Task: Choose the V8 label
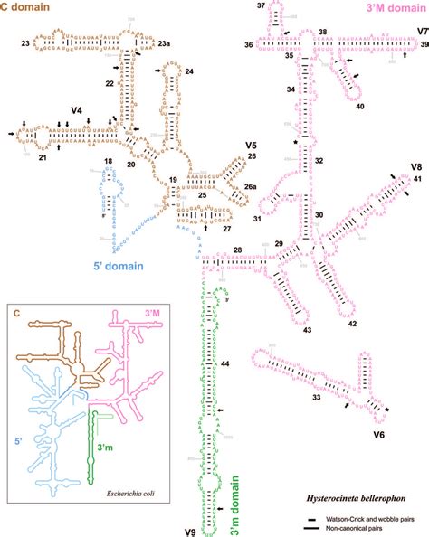click(x=415, y=167)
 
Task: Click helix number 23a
click(x=163, y=42)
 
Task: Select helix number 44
click(x=224, y=363)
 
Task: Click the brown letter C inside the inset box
click(x=17, y=312)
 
